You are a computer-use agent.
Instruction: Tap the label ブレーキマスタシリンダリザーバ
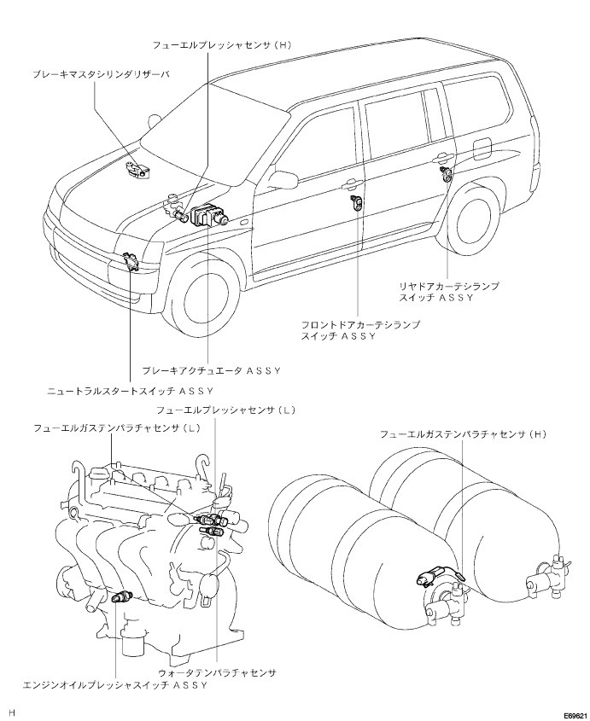coord(102,73)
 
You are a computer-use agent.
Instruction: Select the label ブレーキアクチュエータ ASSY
coord(211,370)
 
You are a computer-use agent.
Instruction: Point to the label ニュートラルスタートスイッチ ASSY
coord(131,392)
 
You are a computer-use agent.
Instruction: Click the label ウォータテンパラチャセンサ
coord(217,672)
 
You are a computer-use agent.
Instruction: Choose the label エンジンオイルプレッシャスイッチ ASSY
coord(115,685)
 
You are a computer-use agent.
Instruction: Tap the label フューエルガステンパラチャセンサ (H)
coord(463,433)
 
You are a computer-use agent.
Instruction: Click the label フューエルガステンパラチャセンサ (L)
coord(117,428)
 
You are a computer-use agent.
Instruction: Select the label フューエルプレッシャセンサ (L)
coord(225,410)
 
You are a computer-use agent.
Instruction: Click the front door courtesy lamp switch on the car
coord(356,201)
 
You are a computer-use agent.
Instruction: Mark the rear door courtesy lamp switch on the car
coord(447,174)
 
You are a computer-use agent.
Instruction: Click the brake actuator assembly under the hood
coord(209,215)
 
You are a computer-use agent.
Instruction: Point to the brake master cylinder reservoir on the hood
coord(137,170)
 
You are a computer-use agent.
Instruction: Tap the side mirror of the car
coord(282,180)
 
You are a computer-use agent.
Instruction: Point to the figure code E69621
coord(576,716)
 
